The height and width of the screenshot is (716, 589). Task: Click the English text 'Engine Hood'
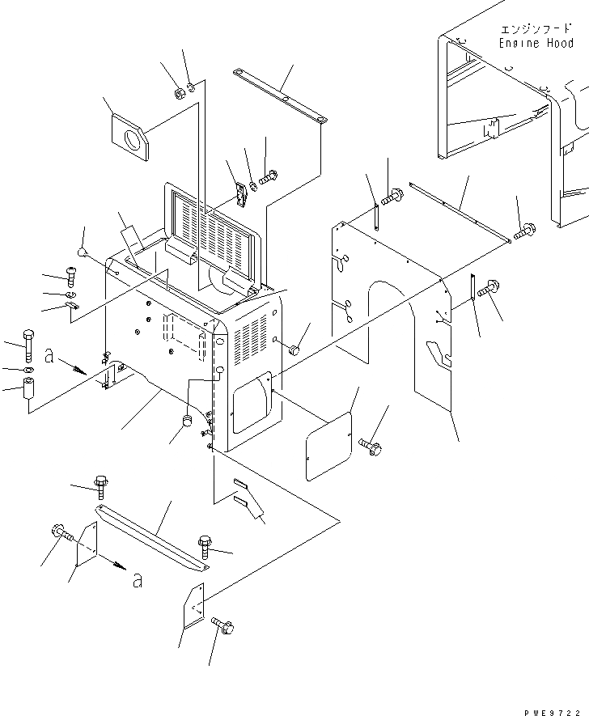click(x=536, y=43)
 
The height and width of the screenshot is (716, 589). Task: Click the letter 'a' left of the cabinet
click(x=50, y=356)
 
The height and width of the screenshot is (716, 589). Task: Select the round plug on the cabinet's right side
click(x=294, y=351)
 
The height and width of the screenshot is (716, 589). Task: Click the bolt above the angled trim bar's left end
click(x=101, y=485)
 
